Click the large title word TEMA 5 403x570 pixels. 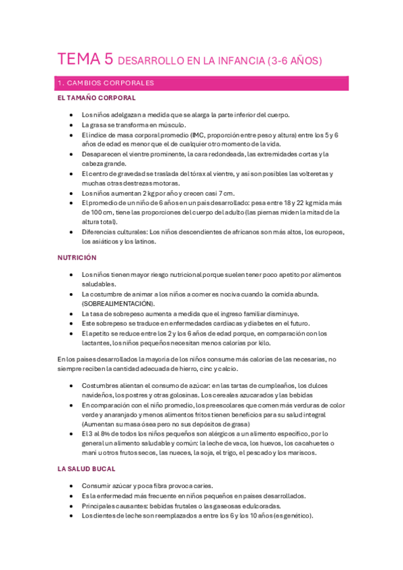(85, 59)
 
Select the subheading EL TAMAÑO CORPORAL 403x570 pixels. (97, 98)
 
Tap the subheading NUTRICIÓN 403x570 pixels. (77, 257)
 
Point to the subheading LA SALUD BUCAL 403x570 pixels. (87, 469)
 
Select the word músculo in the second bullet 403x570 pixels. (172, 125)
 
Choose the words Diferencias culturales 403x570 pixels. (114, 232)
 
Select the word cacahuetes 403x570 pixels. (314, 443)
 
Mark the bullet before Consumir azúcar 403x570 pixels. (71, 486)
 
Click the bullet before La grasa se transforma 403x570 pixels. (71, 125)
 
